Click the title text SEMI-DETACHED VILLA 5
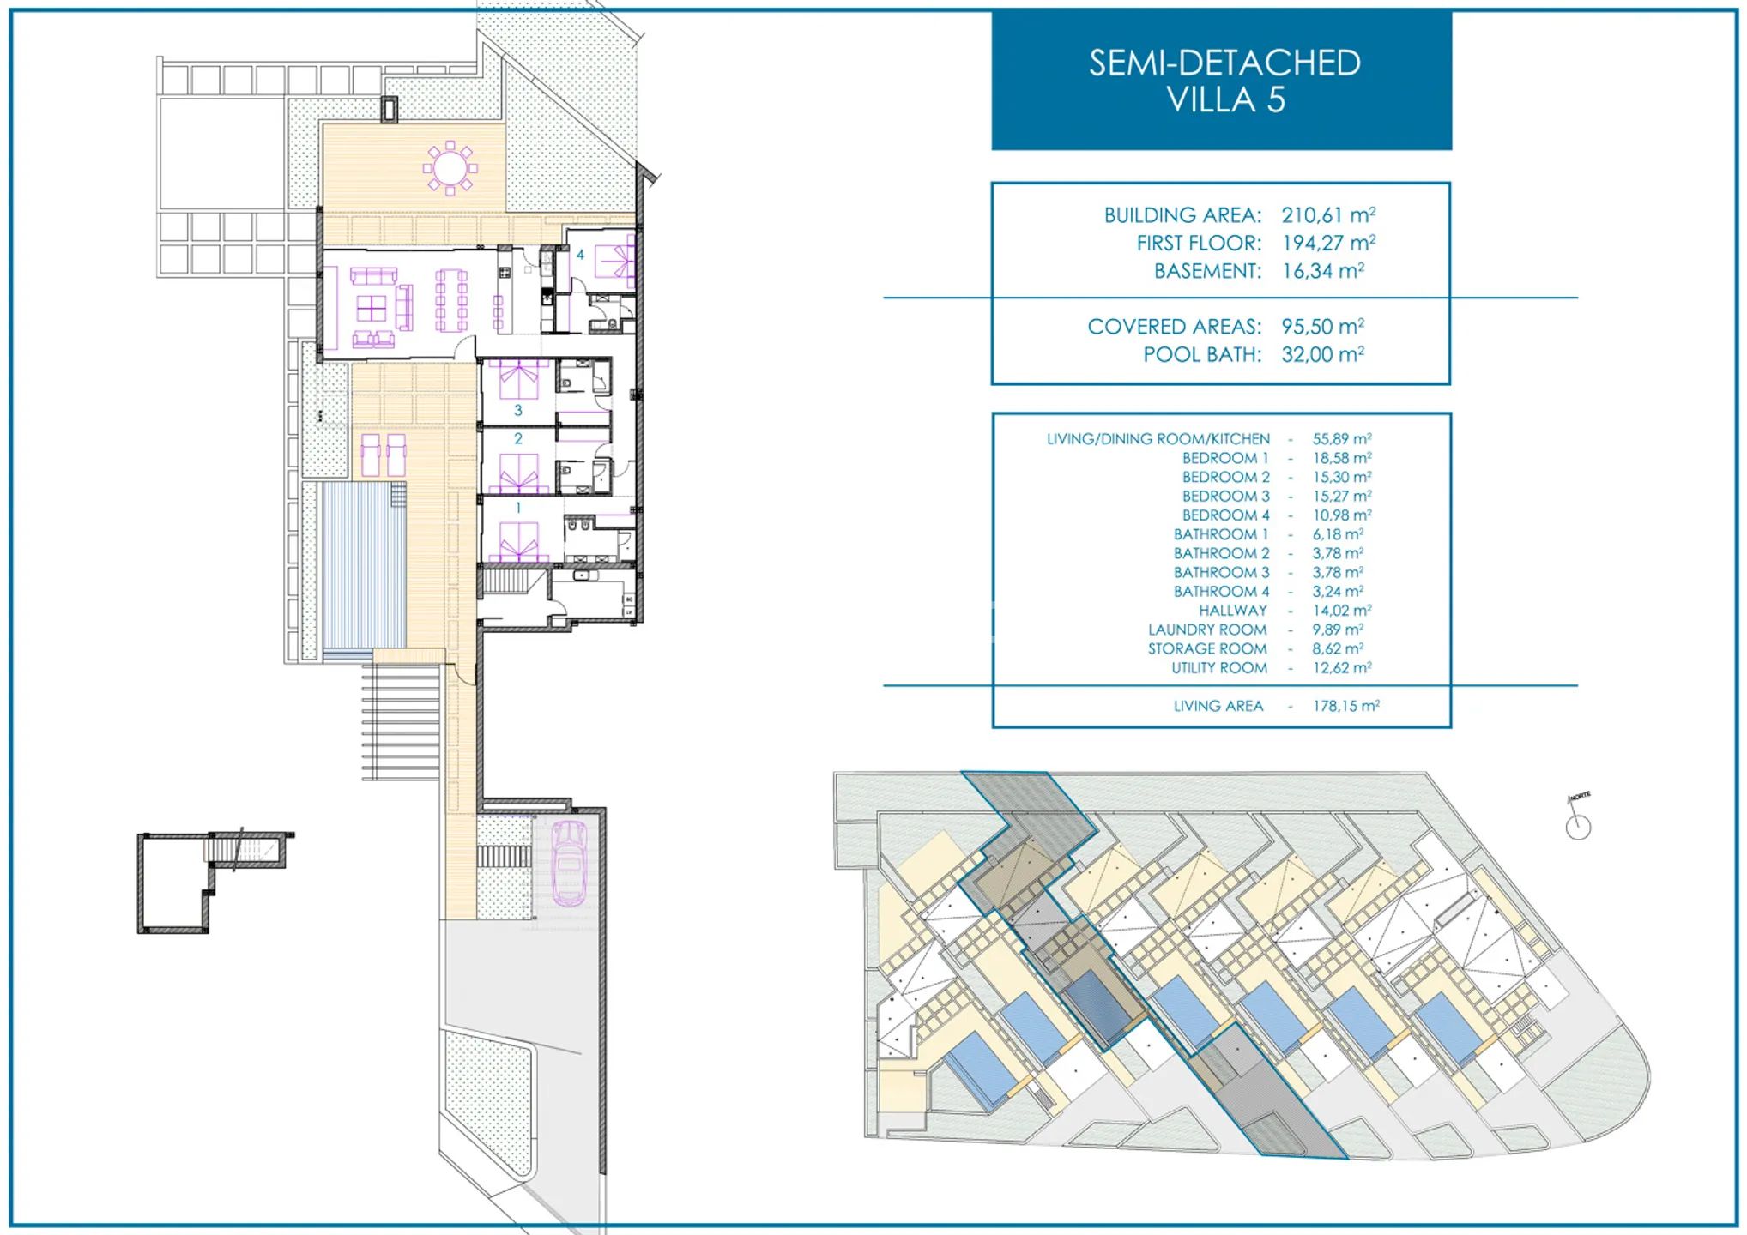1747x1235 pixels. [1224, 81]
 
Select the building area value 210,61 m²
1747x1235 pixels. [1328, 214]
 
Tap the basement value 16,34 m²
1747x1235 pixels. [1322, 271]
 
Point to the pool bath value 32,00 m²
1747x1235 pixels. [1322, 354]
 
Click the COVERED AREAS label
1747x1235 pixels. [1174, 327]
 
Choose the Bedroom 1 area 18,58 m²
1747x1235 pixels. [1342, 458]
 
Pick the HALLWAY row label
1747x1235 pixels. [1233, 611]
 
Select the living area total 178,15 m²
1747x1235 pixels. [1346, 706]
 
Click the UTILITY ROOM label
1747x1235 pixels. [1219, 668]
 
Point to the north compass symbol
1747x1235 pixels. [1578, 822]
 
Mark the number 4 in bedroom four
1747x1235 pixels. [580, 255]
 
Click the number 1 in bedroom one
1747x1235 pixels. [517, 508]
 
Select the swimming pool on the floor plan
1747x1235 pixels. [363, 565]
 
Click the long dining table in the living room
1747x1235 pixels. [451, 301]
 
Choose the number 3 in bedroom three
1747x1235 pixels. [517, 410]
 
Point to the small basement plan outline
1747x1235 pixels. [215, 882]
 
